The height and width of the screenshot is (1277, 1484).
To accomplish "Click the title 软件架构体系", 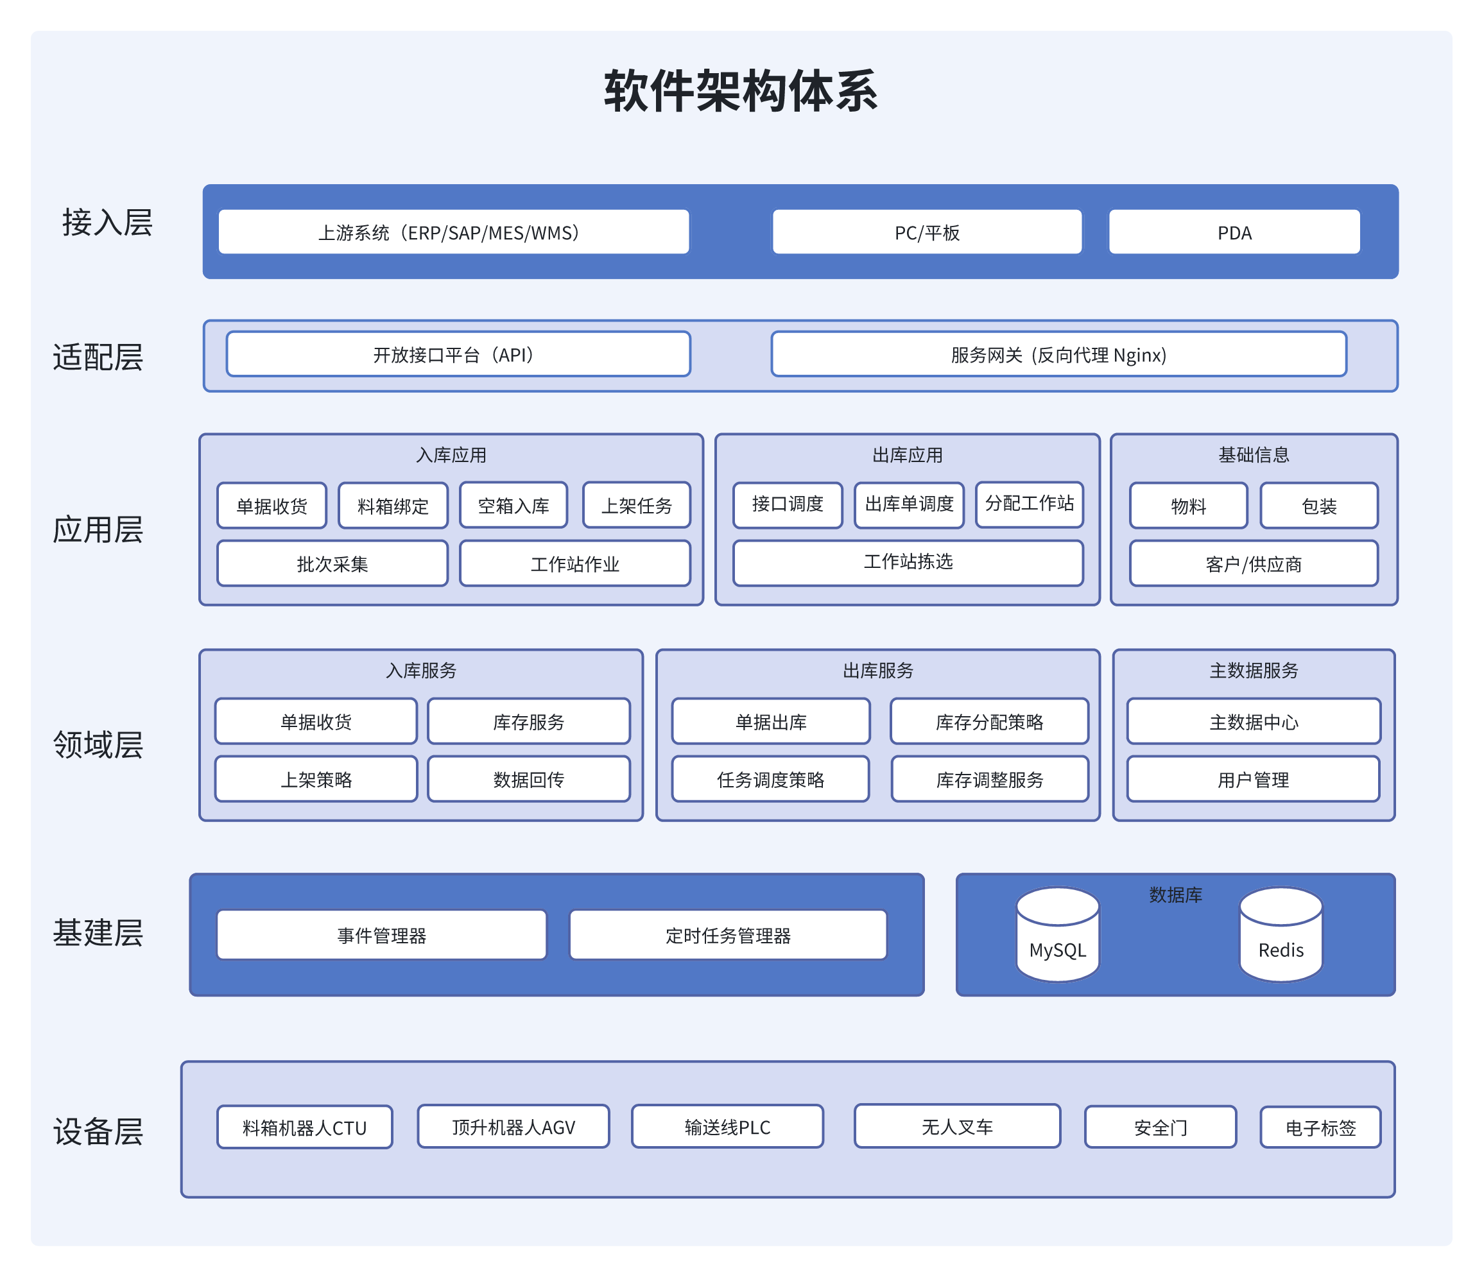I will tap(741, 91).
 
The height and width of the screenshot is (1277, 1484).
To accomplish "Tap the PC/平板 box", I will tap(926, 232).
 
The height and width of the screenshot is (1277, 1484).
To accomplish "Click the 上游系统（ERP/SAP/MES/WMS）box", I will tap(453, 232).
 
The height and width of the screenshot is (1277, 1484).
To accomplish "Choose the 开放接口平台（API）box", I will tap(458, 354).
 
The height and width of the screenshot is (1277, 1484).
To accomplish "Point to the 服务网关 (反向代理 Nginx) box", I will tap(1058, 354).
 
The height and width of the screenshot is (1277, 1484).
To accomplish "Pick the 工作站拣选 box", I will tap(908, 562).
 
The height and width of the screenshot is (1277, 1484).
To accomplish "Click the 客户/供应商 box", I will tap(1253, 563).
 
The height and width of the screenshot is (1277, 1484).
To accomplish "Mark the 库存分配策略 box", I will tap(988, 721).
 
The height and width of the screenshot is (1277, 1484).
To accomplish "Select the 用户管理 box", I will tap(1253, 779).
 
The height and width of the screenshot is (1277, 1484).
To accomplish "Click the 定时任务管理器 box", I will tap(728, 935).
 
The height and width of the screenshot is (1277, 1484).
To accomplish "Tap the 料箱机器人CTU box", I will tap(304, 1127).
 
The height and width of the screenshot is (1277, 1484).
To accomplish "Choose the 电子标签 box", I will tap(1320, 1127).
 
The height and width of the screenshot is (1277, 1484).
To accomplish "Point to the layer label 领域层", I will tap(98, 745).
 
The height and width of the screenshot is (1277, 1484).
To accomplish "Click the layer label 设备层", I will tap(98, 1131).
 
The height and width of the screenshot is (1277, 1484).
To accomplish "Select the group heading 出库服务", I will tap(877, 671).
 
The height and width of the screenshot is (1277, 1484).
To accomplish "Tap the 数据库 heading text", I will tap(1175, 895).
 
